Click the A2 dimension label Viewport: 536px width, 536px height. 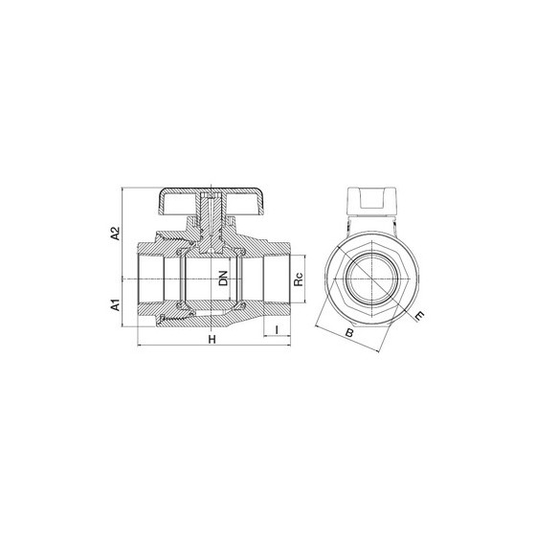(117, 234)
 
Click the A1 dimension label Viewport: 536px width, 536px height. (117, 304)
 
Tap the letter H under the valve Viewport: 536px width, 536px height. (212, 340)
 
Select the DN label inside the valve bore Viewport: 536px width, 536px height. (223, 279)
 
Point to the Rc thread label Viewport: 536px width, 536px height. (299, 279)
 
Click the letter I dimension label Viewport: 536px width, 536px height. (277, 330)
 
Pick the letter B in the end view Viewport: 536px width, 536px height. (349, 332)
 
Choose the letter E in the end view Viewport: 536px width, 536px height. (419, 316)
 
